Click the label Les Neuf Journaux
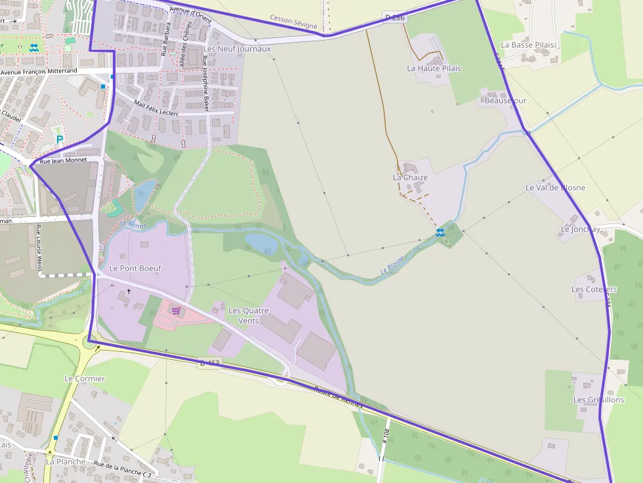(237, 49)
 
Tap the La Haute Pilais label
(434, 68)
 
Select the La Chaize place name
(410, 178)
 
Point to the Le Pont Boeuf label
(135, 268)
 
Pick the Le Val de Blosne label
(555, 187)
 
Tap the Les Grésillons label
(598, 400)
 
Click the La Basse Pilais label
(528, 45)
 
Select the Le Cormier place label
(85, 379)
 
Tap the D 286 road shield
(394, 18)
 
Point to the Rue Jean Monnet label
(63, 161)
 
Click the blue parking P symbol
(60, 140)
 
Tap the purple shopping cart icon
(175, 310)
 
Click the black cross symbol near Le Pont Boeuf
(129, 291)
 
